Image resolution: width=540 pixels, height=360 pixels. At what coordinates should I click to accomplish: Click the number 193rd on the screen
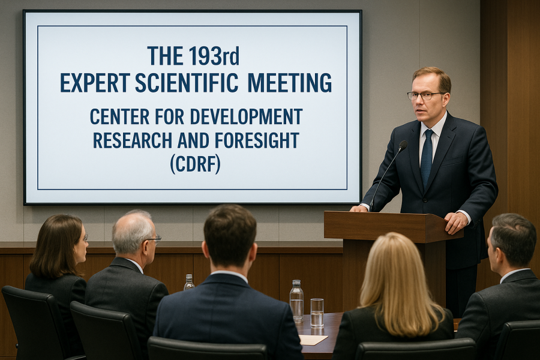(214, 56)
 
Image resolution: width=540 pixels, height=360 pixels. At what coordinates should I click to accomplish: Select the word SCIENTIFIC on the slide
(187, 82)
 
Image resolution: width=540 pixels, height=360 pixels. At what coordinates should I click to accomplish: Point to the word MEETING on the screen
(290, 82)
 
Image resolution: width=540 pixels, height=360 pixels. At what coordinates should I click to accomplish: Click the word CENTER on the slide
(119, 116)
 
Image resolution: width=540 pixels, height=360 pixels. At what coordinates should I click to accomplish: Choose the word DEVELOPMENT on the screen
(246, 116)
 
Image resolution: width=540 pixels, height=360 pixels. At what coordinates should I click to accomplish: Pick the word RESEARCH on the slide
(133, 140)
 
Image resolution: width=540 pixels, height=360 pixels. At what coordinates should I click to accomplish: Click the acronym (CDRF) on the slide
(195, 164)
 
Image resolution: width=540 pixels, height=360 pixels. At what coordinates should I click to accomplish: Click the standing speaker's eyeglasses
(425, 95)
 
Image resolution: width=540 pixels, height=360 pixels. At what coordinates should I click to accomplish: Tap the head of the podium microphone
(403, 145)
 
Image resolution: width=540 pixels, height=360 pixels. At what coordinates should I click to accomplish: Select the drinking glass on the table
(317, 313)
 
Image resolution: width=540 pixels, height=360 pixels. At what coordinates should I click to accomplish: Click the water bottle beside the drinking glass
(296, 301)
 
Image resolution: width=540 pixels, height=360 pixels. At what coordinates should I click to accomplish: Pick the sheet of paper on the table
(313, 340)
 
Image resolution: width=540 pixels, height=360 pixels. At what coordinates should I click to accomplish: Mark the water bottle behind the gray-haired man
(188, 282)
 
